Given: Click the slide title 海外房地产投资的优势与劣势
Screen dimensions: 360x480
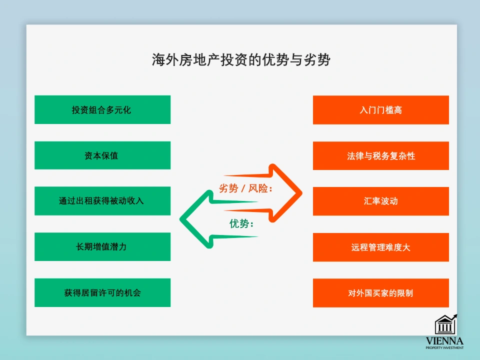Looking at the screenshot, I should pyautogui.click(x=241, y=60).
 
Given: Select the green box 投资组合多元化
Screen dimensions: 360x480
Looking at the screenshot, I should pyautogui.click(x=102, y=109).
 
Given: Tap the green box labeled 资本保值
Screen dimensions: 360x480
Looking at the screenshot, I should pyautogui.click(x=102, y=155).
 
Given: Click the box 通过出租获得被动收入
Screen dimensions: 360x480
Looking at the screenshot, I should pyautogui.click(x=102, y=201).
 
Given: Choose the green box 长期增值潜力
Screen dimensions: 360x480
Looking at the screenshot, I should pyautogui.click(x=102, y=247).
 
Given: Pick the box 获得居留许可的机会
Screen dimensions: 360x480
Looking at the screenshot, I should pyautogui.click(x=102, y=292).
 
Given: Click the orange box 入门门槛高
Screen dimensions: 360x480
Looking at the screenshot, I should pyautogui.click(x=380, y=110).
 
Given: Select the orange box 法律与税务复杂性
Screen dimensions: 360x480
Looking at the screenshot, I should pyautogui.click(x=380, y=155).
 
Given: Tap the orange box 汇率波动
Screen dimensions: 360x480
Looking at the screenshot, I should pyautogui.click(x=380, y=201).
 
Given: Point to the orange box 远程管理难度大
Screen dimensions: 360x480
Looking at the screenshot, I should pyautogui.click(x=380, y=247).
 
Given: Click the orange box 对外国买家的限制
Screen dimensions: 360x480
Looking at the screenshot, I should pyautogui.click(x=380, y=292).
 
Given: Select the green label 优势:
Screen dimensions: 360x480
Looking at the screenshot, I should pyautogui.click(x=241, y=224).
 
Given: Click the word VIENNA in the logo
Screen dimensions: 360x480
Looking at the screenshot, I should pyautogui.click(x=444, y=341).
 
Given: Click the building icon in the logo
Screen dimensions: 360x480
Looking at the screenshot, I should pyautogui.click(x=445, y=325).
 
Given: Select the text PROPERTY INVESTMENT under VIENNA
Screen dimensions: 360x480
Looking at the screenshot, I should pyautogui.click(x=444, y=348).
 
